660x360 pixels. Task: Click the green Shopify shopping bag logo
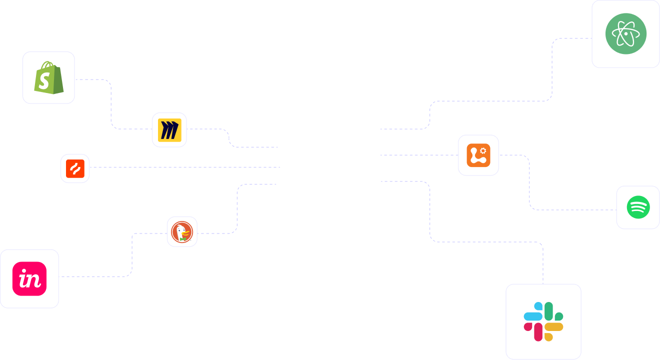[x=49, y=77]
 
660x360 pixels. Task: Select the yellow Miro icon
[x=169, y=130]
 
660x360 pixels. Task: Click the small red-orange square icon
[x=75, y=168]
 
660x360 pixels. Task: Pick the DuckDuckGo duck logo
[x=182, y=232]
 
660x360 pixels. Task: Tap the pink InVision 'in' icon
[x=29, y=278]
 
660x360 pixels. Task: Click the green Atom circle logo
[x=626, y=33]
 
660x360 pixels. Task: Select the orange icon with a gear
[x=478, y=155]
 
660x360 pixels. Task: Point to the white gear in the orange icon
[x=483, y=151]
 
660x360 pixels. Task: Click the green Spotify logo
[x=638, y=207]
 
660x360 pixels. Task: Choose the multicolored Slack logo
[x=543, y=321]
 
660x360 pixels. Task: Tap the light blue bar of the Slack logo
[x=533, y=316]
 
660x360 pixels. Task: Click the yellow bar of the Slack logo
[x=554, y=326]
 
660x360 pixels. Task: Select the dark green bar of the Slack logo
[x=548, y=311]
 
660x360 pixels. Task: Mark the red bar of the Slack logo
[x=538, y=332]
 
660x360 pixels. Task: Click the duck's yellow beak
[x=185, y=233]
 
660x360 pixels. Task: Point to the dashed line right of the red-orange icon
[x=185, y=167]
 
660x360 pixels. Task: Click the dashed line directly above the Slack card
[x=543, y=263]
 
